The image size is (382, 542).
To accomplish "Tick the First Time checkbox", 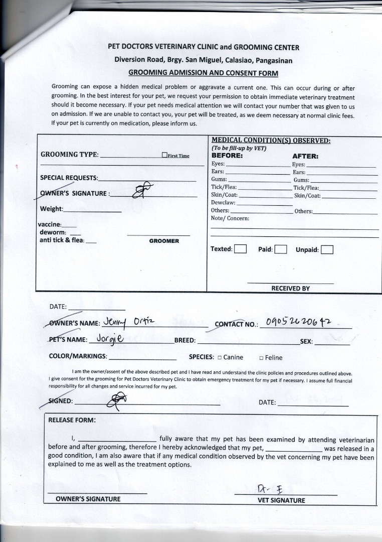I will click(164, 156).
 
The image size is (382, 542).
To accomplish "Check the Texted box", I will click(240, 249).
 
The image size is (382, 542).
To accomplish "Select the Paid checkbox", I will click(281, 249).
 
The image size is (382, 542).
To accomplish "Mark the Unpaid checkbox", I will click(327, 249).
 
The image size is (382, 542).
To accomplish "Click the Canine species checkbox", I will click(220, 358).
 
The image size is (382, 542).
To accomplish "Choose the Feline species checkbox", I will click(261, 358).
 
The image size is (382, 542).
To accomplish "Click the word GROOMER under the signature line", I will click(164, 241).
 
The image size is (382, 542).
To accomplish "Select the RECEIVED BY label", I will click(290, 289).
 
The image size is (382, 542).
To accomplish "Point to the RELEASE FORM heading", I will click(72, 420).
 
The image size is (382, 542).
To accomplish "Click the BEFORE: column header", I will click(227, 156).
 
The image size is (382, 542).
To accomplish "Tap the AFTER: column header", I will click(305, 156).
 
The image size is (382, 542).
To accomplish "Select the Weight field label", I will click(51, 209).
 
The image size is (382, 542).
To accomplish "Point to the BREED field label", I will click(184, 340).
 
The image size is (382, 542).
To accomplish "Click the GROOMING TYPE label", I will click(69, 155).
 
